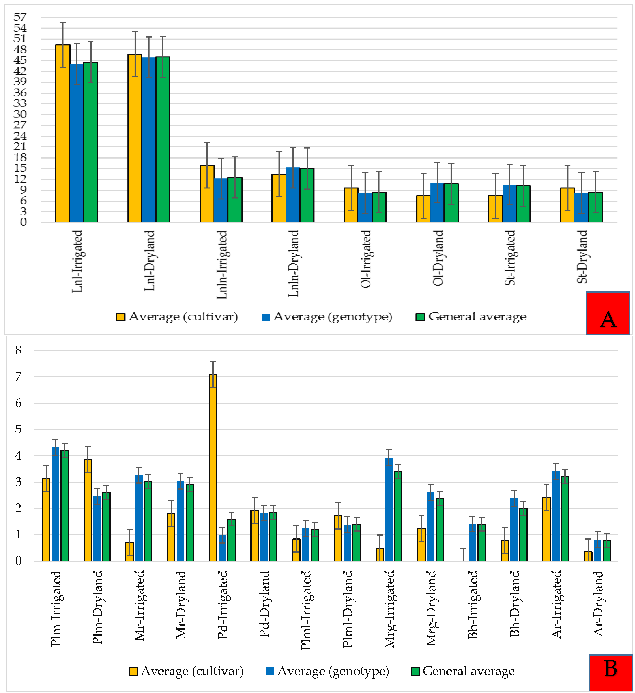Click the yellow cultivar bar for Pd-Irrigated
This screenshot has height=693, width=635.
click(x=213, y=467)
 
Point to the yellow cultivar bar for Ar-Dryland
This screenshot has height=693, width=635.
click(x=588, y=556)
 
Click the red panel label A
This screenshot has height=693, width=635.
click(x=608, y=313)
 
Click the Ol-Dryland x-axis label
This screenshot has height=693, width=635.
click(x=438, y=258)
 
